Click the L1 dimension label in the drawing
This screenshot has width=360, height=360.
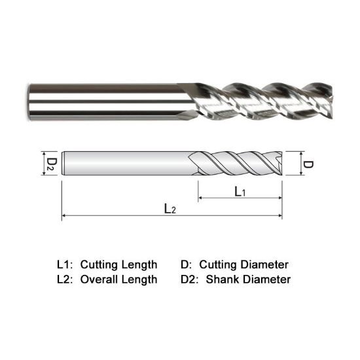239,190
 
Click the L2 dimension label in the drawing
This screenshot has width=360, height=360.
170,209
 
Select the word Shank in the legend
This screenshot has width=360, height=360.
223,279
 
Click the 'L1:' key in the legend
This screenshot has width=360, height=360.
64,265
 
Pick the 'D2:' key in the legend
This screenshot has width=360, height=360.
189,279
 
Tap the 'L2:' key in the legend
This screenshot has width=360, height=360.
64,279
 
